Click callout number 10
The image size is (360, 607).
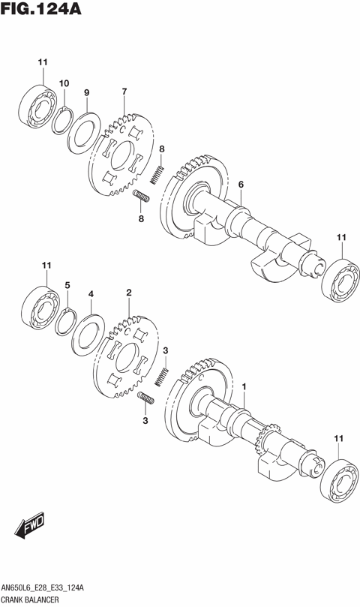click(64, 83)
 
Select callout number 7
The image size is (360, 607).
click(124, 92)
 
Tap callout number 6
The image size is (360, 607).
click(241, 185)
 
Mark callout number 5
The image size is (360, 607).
click(67, 285)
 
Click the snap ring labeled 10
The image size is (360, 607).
click(64, 121)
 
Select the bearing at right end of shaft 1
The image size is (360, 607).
click(338, 478)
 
